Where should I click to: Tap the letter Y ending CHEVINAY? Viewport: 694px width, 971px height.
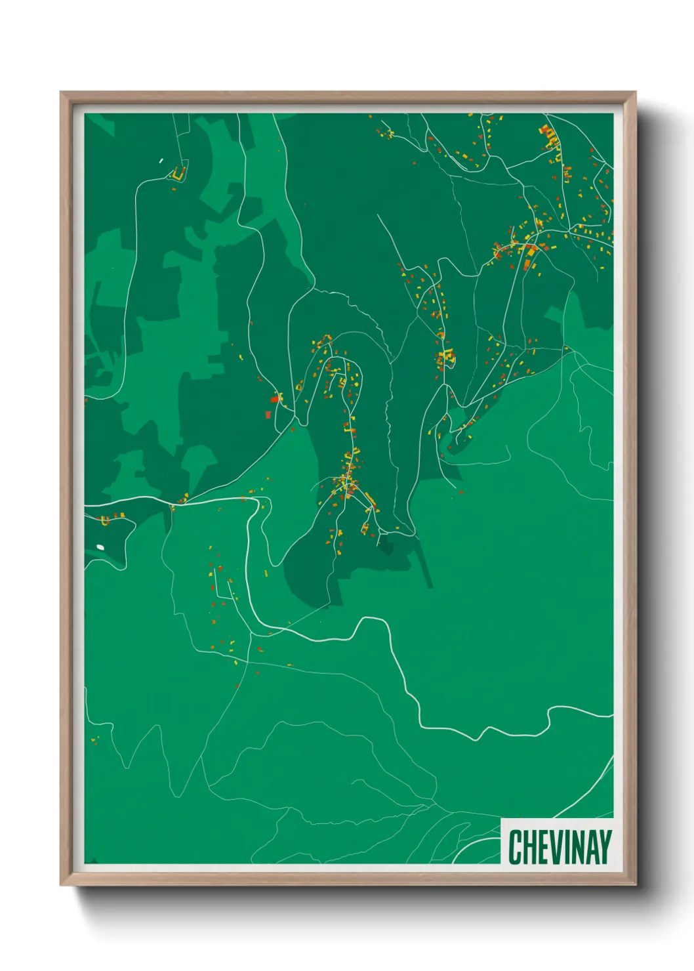pos(604,847)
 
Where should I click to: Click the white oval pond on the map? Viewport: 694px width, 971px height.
pos(100,547)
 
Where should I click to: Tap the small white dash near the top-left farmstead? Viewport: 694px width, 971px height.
pos(161,160)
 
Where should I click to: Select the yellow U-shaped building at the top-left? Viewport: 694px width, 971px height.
pos(177,174)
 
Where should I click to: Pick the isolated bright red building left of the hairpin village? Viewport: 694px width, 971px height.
pos(274,399)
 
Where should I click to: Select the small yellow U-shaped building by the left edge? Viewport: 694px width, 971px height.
pos(104,521)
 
